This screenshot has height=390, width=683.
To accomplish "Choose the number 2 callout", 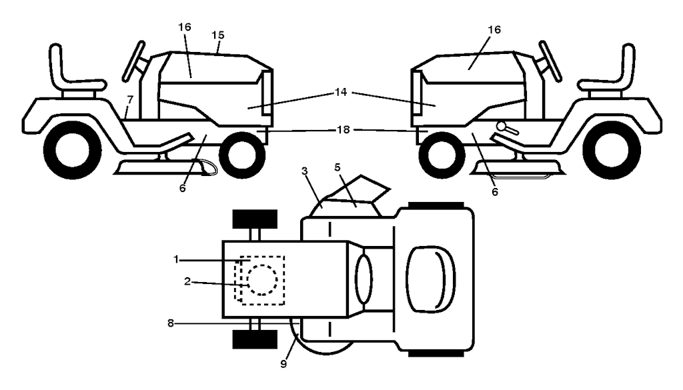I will [188, 282].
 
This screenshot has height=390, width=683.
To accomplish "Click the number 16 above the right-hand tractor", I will [495, 30].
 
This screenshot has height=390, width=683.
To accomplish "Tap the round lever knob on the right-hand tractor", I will [502, 125].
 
